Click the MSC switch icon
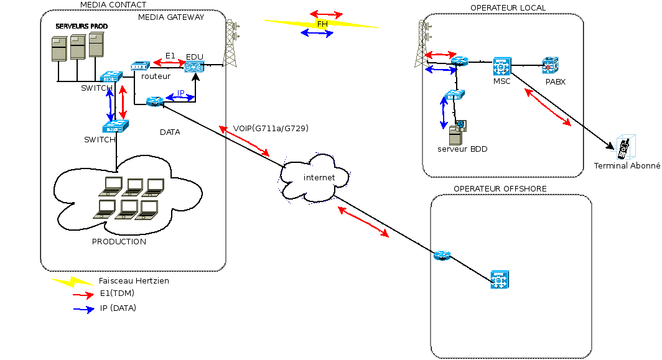click(x=501, y=66)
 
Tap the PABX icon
click(x=551, y=65)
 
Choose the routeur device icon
click(x=141, y=66)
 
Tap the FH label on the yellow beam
click(x=322, y=24)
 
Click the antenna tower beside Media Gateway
click(x=231, y=44)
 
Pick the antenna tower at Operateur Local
click(x=422, y=44)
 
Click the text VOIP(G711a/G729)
click(x=271, y=129)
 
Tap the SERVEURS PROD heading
click(x=82, y=27)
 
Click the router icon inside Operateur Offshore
click(x=442, y=255)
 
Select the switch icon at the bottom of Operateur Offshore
click(x=500, y=280)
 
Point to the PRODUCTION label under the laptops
click(x=119, y=242)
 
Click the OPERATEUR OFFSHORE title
click(x=500, y=188)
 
